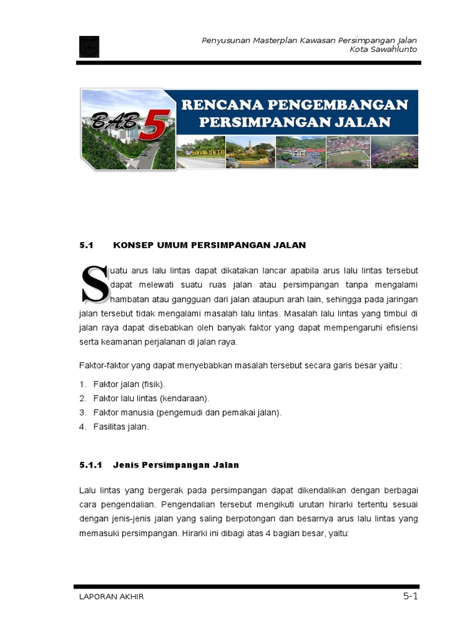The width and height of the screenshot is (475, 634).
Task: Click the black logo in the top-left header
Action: [x=89, y=46]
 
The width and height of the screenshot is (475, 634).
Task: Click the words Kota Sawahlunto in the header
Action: [x=383, y=50]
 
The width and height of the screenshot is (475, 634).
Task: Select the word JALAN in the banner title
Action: [x=368, y=121]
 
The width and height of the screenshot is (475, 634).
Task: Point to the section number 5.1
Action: [x=86, y=245]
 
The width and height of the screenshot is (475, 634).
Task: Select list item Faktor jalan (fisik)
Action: [x=129, y=384]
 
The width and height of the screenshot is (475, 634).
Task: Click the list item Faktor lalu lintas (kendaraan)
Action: [x=151, y=398]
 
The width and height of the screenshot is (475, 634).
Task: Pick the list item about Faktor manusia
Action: [x=187, y=412]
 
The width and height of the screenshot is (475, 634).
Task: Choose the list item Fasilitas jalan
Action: [x=121, y=427]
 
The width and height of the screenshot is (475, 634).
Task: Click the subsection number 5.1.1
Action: [x=91, y=465]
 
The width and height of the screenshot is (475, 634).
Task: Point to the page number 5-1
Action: [x=411, y=596]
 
